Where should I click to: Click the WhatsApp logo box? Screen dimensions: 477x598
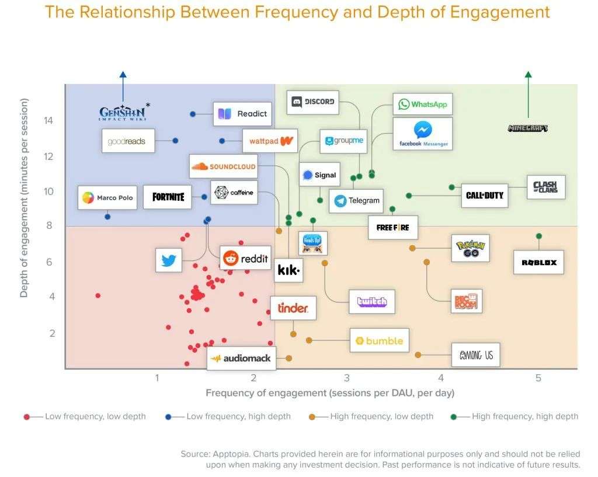point(422,105)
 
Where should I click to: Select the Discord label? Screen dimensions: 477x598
point(314,102)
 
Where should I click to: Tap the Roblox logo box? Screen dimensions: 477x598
point(539,262)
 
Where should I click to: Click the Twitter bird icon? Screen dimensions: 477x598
point(169,260)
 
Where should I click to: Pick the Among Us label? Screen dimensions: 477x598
point(476,354)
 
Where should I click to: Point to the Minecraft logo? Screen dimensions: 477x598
point(528,128)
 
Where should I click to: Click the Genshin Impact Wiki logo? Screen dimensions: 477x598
point(123,113)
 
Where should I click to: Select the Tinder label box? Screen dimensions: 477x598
point(293,308)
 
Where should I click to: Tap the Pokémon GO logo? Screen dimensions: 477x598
point(471,248)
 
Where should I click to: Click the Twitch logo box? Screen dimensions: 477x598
point(372,302)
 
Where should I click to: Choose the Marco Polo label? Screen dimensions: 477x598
point(107,198)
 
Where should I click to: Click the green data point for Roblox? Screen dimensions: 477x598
point(539,236)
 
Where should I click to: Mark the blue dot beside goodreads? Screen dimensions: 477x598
point(175,141)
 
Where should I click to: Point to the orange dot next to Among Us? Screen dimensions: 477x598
point(418,355)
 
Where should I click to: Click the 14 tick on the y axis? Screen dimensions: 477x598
point(48,121)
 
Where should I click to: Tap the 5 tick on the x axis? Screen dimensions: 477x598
point(538,378)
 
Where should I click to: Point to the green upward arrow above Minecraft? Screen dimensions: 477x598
point(528,93)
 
